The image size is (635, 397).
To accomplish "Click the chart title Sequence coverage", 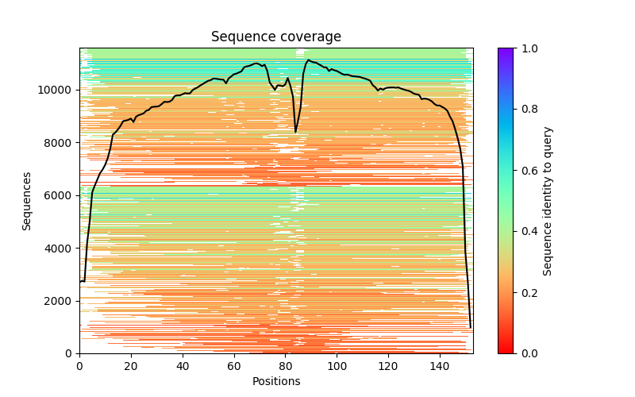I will (276, 37).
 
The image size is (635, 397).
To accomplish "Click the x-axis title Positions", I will (276, 381).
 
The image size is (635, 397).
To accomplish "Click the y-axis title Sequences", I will (27, 201).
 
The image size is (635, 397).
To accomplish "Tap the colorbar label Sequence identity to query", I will (548, 201).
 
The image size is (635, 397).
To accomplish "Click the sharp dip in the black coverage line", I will (296, 131).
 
